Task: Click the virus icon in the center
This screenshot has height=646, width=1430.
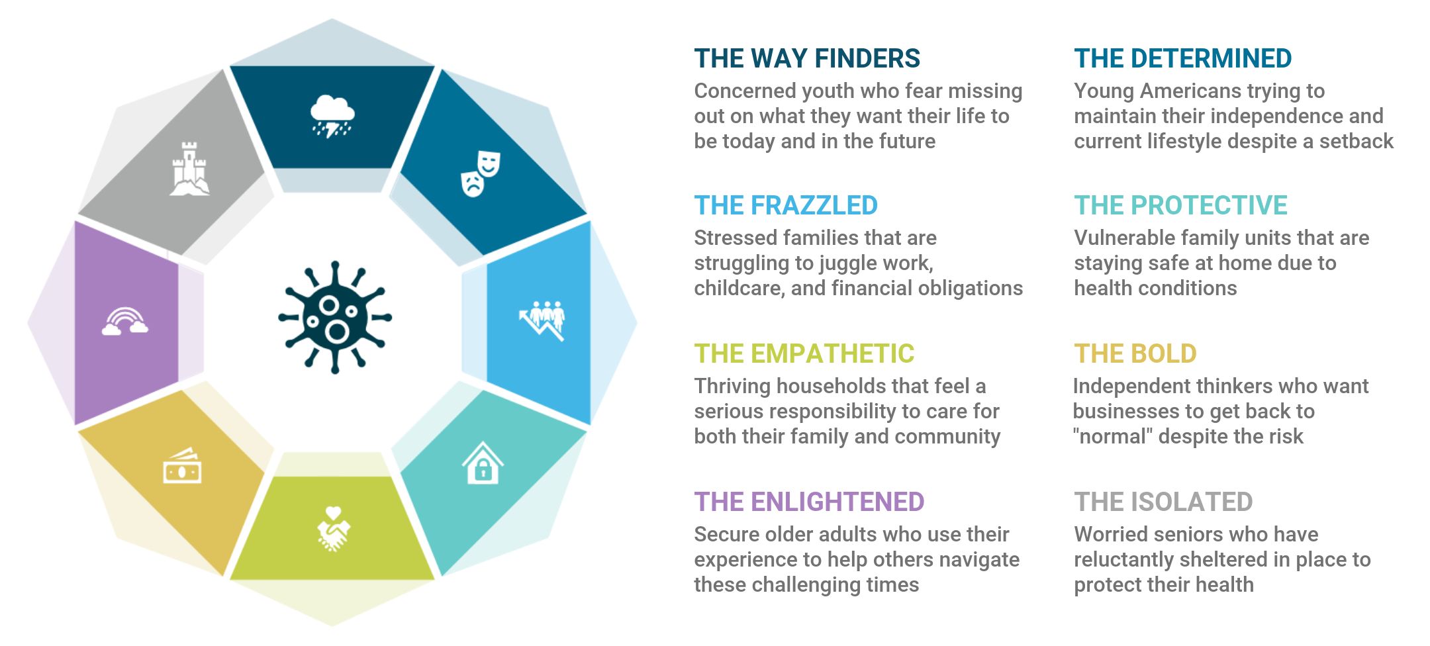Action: [x=334, y=317]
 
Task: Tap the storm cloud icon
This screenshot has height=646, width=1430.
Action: [x=332, y=116]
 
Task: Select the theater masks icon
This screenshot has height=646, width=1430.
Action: [x=481, y=173]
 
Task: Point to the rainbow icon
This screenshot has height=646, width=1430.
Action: [x=124, y=321]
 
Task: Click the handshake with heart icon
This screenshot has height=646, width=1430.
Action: [x=333, y=528]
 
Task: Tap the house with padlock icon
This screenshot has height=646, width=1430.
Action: [x=483, y=463]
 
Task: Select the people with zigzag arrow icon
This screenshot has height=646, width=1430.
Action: [x=542, y=320]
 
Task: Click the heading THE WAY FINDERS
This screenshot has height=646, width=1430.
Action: [x=807, y=58]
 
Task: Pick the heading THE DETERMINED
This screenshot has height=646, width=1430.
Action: [x=1182, y=58]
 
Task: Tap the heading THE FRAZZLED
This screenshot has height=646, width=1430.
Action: [x=786, y=205]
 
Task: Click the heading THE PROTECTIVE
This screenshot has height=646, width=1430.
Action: [x=1180, y=205]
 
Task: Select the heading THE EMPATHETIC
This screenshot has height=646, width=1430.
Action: [x=804, y=353]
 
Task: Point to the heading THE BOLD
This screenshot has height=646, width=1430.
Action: [x=1135, y=353]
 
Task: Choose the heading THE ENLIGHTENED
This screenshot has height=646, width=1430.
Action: [x=809, y=502]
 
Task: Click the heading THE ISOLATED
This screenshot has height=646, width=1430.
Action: [x=1163, y=502]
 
